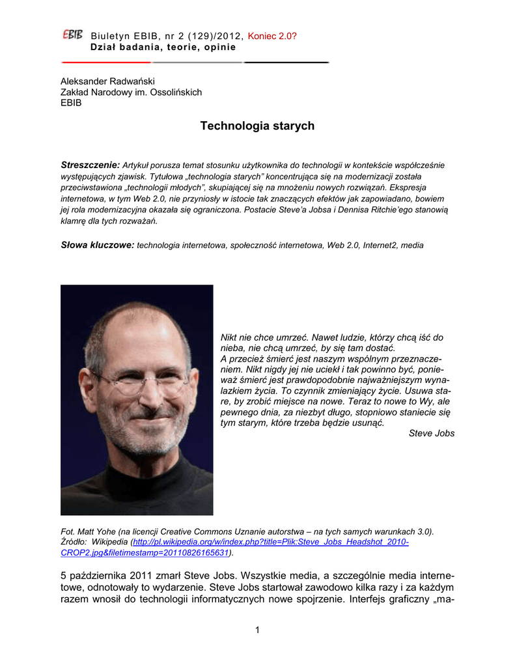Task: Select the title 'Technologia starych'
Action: point(257,126)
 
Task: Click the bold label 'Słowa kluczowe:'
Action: point(97,245)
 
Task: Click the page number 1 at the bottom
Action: point(258,629)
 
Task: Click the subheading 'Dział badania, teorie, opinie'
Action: point(163,48)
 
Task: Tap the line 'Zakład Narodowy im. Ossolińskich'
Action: point(131,92)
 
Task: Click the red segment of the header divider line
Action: point(104,63)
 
